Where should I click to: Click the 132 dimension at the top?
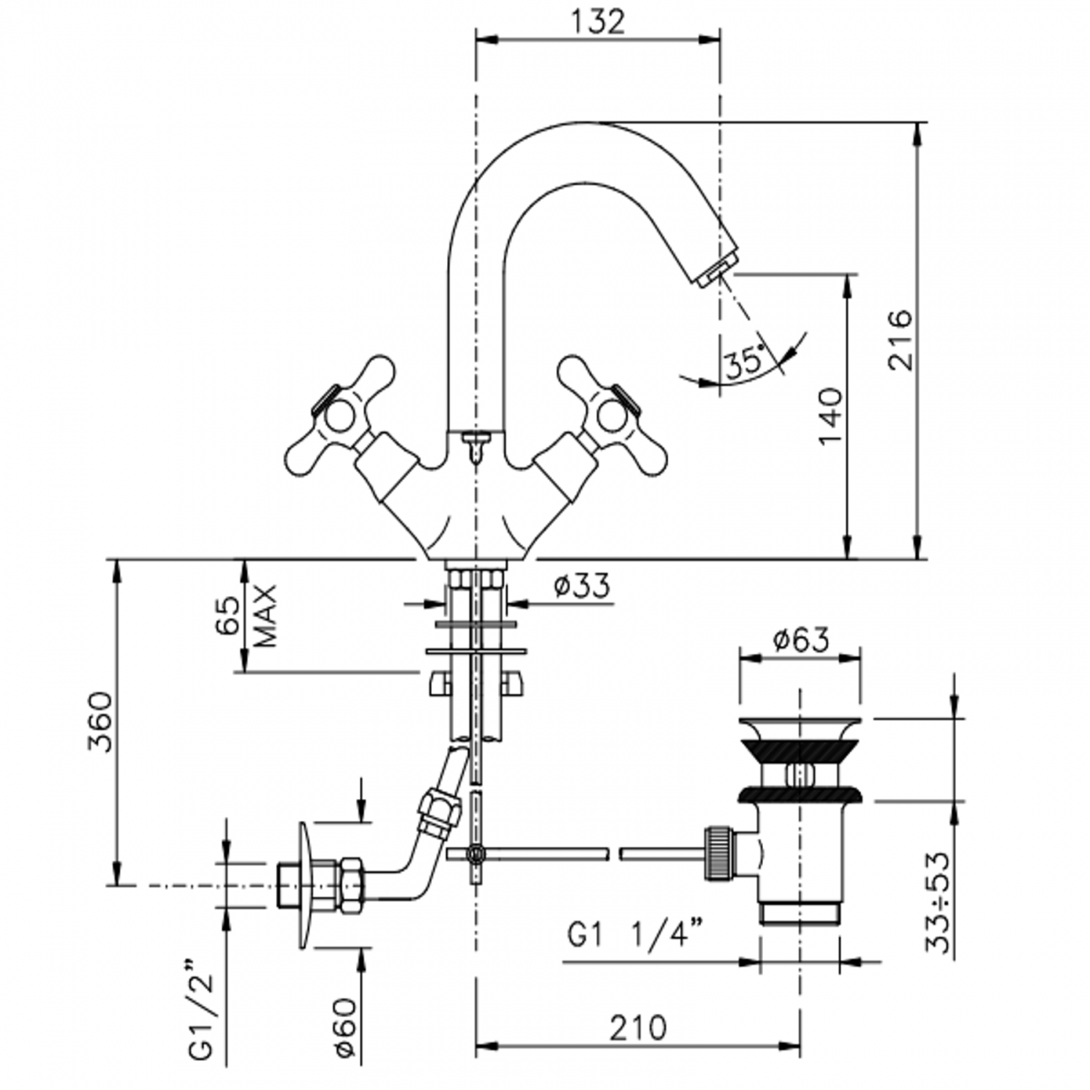click(599, 22)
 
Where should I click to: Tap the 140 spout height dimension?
click(828, 417)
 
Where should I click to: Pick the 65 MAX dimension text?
click(243, 616)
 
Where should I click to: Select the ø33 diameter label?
click(582, 585)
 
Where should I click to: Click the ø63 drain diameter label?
click(800, 640)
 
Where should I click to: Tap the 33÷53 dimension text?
click(939, 902)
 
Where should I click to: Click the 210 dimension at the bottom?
click(638, 1027)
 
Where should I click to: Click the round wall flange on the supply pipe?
click(304, 885)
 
